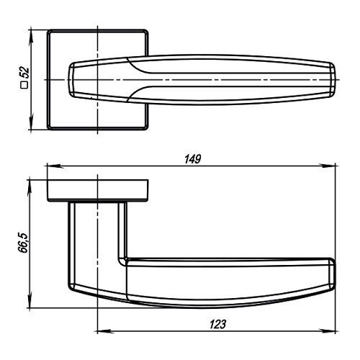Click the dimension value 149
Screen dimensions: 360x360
[193, 159]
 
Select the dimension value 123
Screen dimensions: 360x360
[217, 324]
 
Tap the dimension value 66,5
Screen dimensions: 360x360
[23, 243]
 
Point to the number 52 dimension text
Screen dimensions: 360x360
[24, 73]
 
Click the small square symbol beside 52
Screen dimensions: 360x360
[24, 85]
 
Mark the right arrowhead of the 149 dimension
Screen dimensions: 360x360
[327, 166]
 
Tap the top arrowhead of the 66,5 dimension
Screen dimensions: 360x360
[30, 188]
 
